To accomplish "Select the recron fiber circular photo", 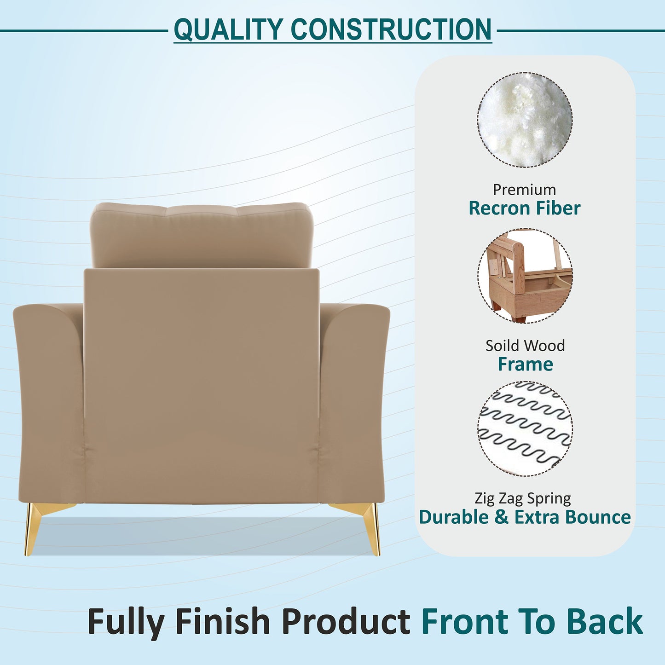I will pyautogui.click(x=525, y=120).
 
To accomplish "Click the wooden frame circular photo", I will pyautogui.click(x=525, y=276).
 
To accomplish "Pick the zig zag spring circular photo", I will pyautogui.click(x=525, y=428).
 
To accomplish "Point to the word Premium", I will pyautogui.click(x=524, y=190).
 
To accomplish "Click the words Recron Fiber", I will pyautogui.click(x=525, y=208).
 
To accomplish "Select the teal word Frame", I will pyautogui.click(x=525, y=364).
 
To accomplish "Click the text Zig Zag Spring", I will pyautogui.click(x=523, y=498).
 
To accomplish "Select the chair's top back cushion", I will pyautogui.click(x=201, y=235).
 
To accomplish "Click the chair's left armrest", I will pyautogui.click(x=48, y=400).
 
